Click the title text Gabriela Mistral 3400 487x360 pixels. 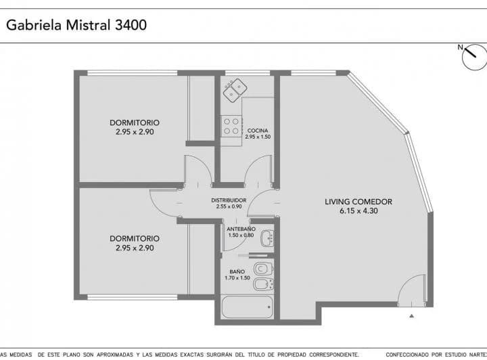[76, 25]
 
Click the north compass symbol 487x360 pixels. [474, 58]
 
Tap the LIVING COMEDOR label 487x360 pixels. [358, 202]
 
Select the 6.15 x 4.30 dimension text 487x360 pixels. [358, 211]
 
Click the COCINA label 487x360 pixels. [257, 130]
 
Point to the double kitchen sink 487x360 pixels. [235, 89]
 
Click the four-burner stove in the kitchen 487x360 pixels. [231, 125]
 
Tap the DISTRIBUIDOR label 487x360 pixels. [229, 200]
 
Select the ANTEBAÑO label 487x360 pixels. [241, 229]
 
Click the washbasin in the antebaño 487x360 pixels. [267, 238]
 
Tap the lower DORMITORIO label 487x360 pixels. [135, 238]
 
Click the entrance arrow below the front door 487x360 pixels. [411, 316]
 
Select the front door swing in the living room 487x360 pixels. [411, 294]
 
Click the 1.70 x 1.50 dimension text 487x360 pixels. [237, 278]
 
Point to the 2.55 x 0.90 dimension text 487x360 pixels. [229, 207]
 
